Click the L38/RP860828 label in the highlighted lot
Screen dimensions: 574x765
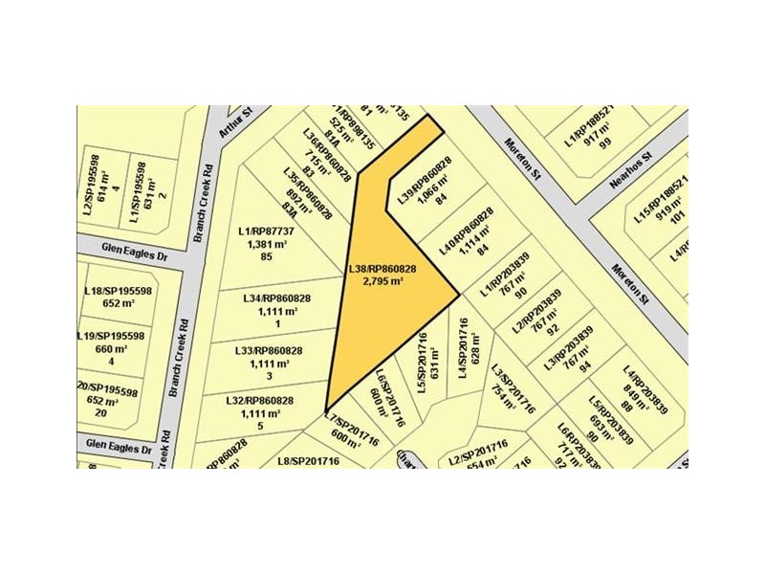[x=382, y=270]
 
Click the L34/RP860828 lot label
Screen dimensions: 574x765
[x=277, y=298]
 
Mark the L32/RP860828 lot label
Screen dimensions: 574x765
[x=259, y=401]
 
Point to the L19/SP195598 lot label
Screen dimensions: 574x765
[x=111, y=336]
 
